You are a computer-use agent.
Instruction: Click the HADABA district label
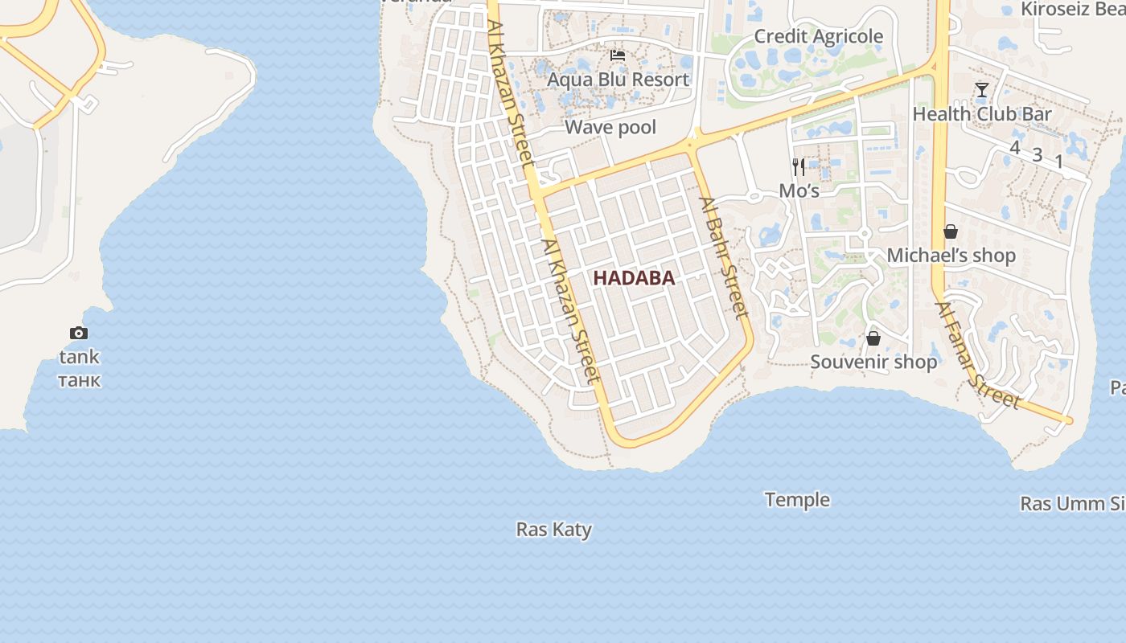click(x=633, y=278)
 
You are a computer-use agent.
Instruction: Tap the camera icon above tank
click(x=78, y=333)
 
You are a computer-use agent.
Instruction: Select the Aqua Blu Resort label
click(x=618, y=80)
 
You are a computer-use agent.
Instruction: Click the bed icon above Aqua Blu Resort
click(x=618, y=55)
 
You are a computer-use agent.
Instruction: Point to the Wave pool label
click(x=610, y=127)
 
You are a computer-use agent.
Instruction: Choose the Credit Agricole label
click(x=818, y=36)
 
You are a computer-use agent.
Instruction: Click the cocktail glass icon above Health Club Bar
click(x=981, y=89)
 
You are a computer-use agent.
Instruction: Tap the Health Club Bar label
click(x=981, y=114)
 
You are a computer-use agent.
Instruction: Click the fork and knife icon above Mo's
click(x=799, y=166)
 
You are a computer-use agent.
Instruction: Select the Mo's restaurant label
click(x=799, y=191)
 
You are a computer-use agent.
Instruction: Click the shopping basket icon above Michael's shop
click(x=951, y=231)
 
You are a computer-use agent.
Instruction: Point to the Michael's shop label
click(x=951, y=256)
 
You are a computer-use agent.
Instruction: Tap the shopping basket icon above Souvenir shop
click(x=873, y=338)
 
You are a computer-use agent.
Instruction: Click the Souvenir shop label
click(x=873, y=362)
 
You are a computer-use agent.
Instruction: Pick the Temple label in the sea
click(x=797, y=500)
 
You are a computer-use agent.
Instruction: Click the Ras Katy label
click(x=553, y=530)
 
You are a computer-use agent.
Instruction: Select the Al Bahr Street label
click(x=724, y=257)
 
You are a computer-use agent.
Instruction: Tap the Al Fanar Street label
click(x=978, y=355)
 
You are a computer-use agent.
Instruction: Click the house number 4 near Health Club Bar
click(x=1014, y=148)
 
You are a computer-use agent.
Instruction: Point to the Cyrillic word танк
click(x=79, y=379)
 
